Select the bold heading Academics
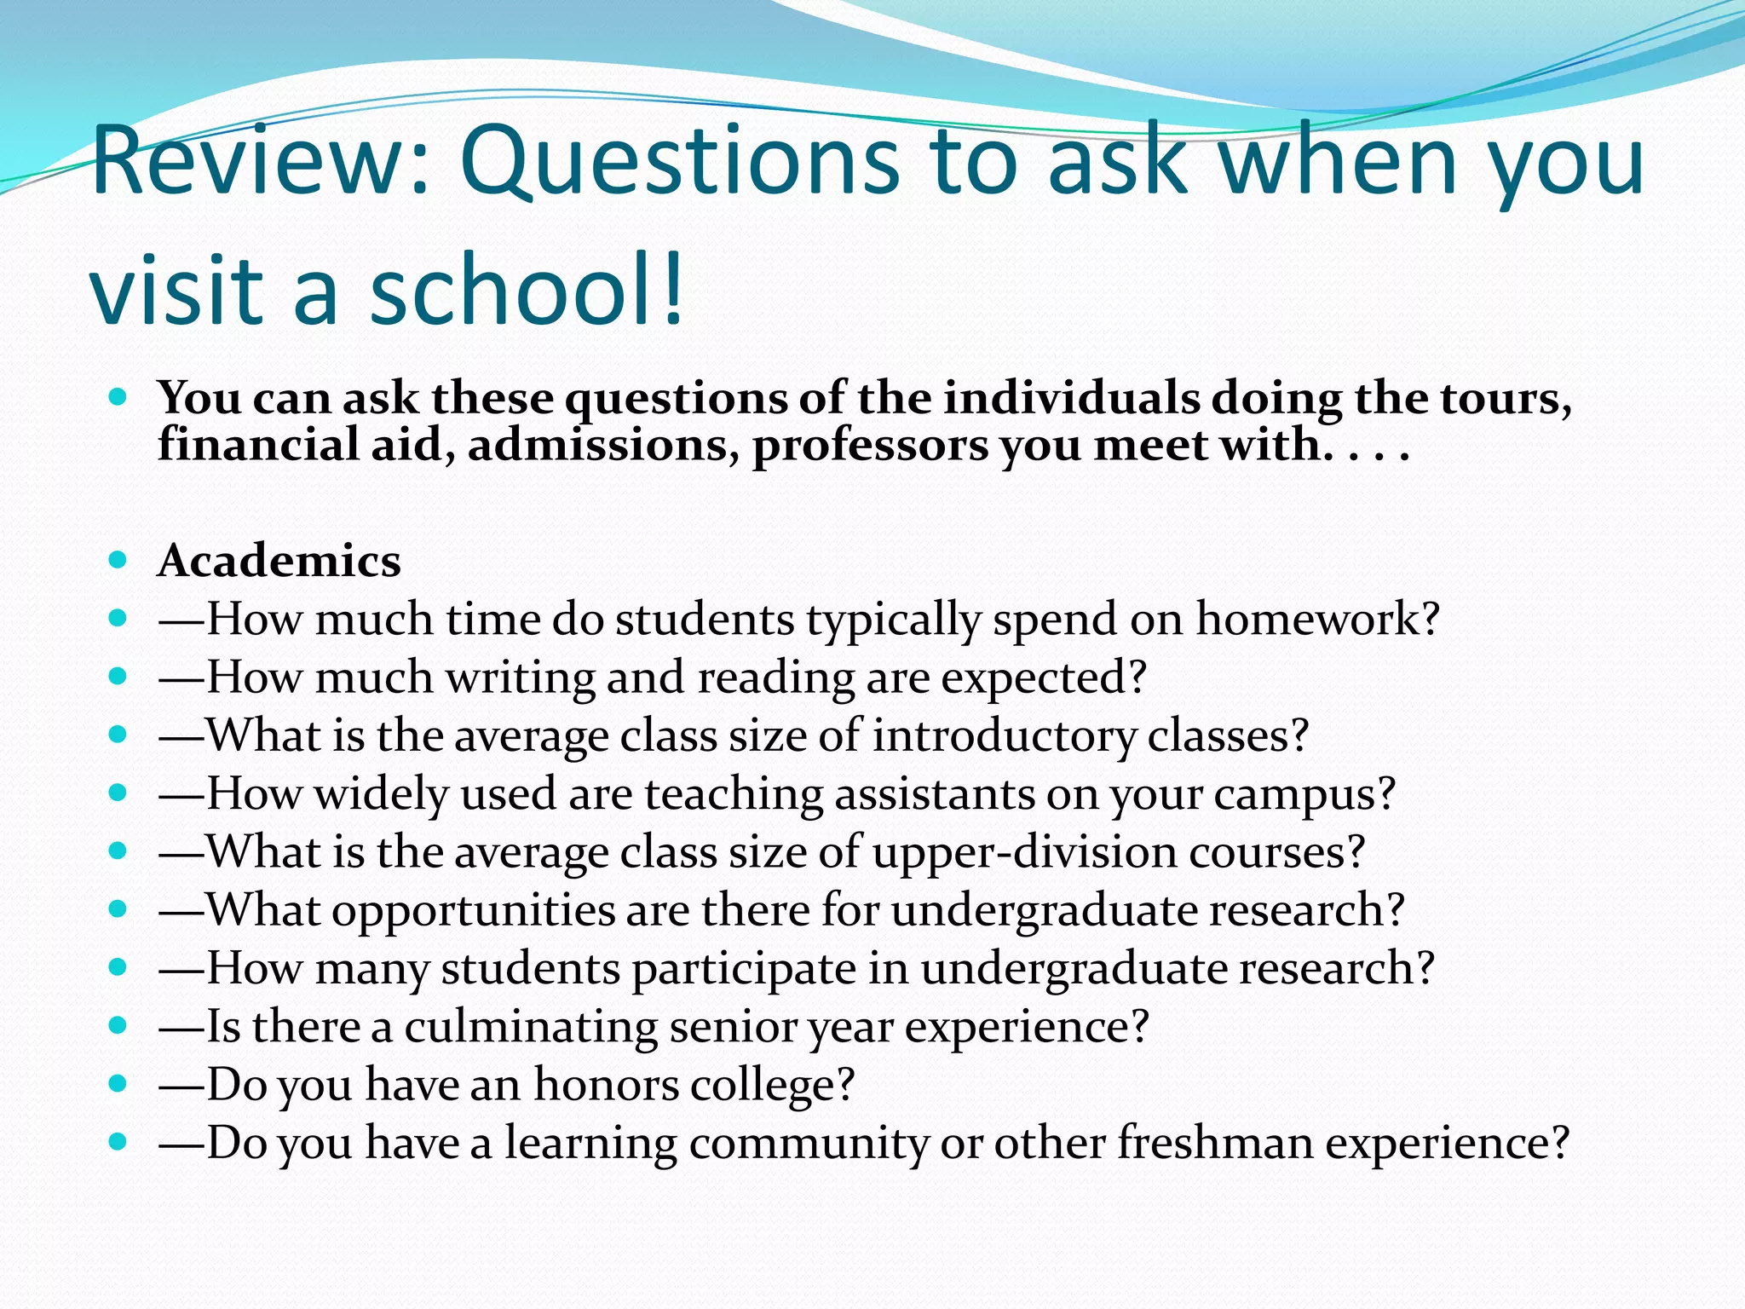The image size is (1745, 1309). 279,562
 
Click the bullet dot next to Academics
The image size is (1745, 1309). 118,560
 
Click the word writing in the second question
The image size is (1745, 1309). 520,678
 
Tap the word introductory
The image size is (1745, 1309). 1004,735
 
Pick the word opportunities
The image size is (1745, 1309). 473,911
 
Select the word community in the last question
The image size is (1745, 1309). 809,1143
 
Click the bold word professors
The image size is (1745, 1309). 869,446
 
